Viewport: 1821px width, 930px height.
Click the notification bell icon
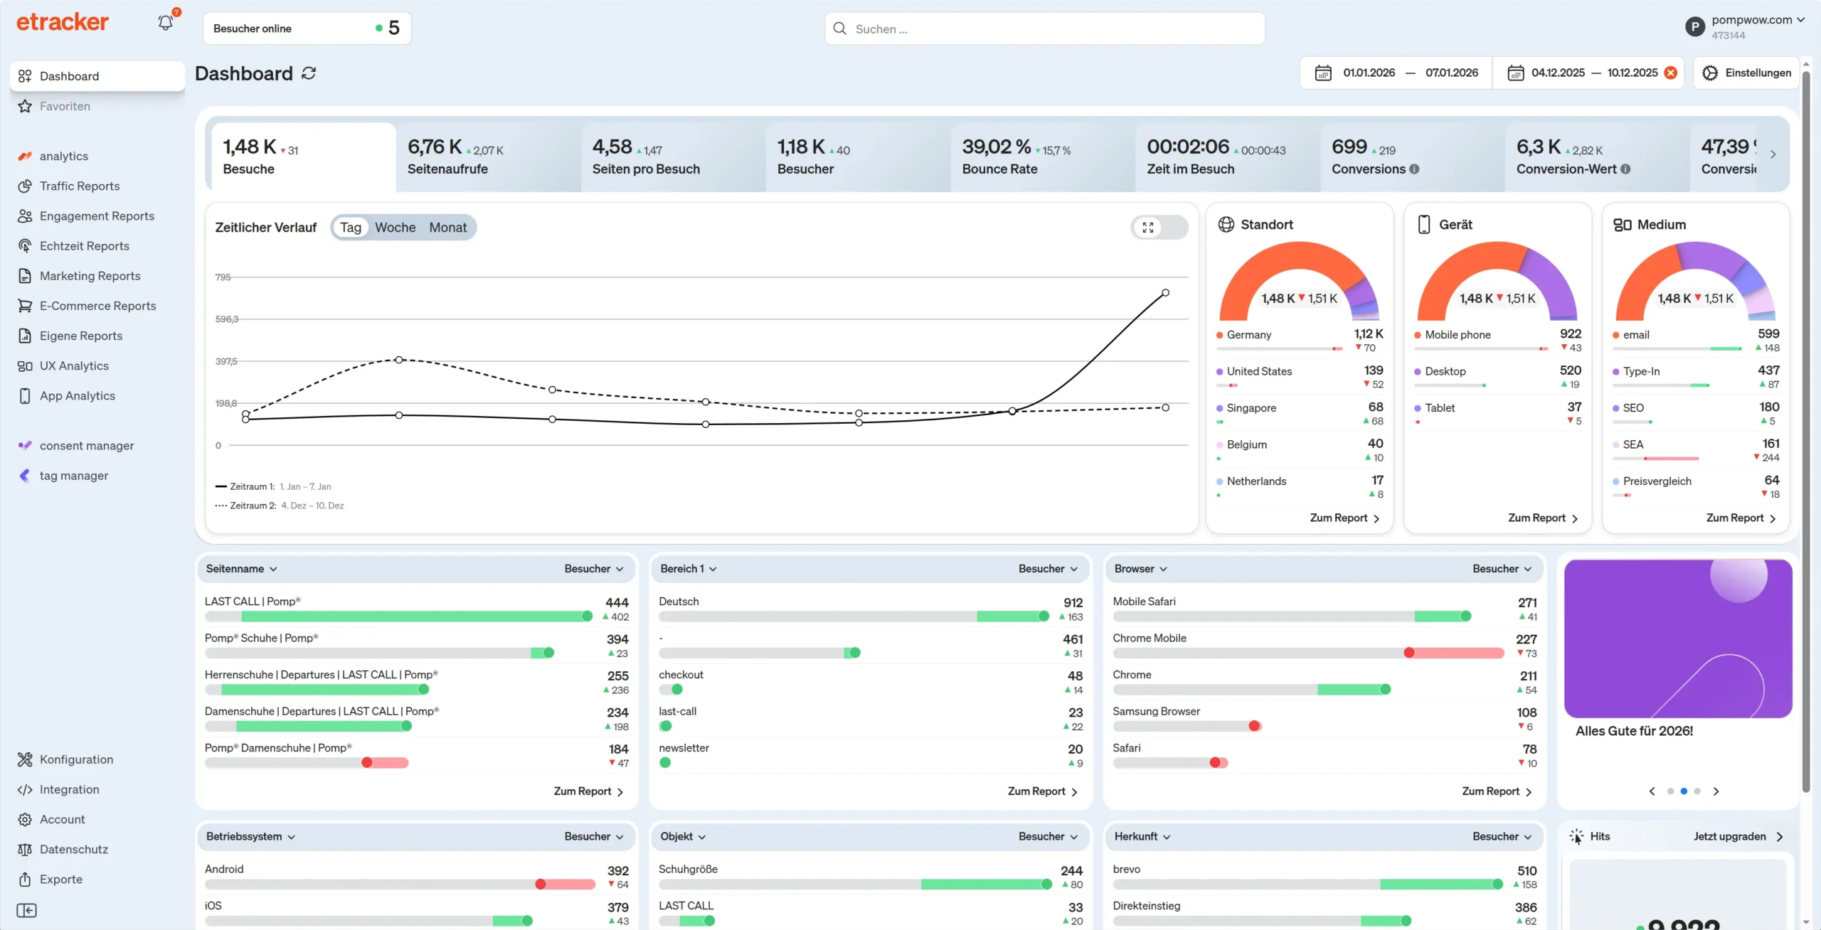pyautogui.click(x=165, y=23)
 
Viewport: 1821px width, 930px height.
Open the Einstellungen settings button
pyautogui.click(x=1747, y=73)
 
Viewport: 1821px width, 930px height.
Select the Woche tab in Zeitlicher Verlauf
pyautogui.click(x=395, y=228)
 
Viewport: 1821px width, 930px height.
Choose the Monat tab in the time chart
pyautogui.click(x=447, y=228)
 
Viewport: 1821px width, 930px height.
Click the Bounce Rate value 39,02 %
pyautogui.click(x=996, y=147)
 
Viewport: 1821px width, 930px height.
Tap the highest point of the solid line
pyautogui.click(x=1165, y=293)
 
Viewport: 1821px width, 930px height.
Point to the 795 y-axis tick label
pyautogui.click(x=223, y=277)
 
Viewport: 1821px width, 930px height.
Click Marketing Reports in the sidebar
pyautogui.click(x=90, y=276)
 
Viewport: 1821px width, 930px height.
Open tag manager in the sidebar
pyautogui.click(x=74, y=476)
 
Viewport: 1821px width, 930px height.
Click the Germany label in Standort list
pyautogui.click(x=1248, y=335)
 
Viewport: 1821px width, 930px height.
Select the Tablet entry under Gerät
pyautogui.click(x=1440, y=408)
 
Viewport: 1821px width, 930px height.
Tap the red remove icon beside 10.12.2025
pyautogui.click(x=1671, y=73)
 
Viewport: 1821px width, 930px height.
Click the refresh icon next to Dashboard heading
pyautogui.click(x=309, y=74)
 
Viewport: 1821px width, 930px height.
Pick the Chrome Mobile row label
pyautogui.click(x=1149, y=638)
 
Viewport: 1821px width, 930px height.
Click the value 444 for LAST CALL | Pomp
pyautogui.click(x=617, y=603)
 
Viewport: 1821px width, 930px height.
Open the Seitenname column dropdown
pyautogui.click(x=241, y=569)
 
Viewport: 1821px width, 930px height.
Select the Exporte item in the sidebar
pyautogui.click(x=61, y=880)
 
